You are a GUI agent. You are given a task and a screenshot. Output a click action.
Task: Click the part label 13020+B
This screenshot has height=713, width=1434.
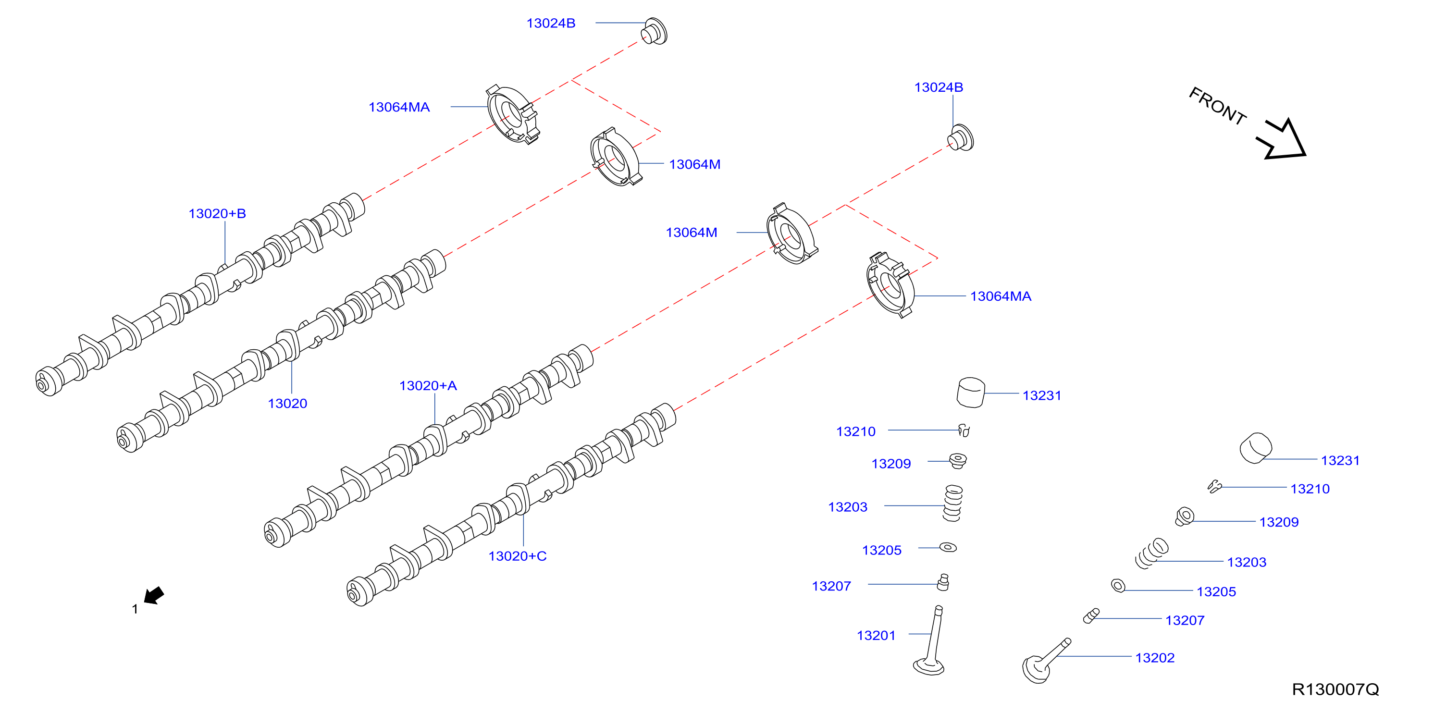pos(217,214)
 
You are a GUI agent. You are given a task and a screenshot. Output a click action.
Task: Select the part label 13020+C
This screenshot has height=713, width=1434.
pos(517,556)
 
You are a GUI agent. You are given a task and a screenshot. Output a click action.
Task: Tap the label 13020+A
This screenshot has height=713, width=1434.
pos(428,386)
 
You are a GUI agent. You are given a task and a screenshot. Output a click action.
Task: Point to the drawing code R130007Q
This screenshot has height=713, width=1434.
pos(1335,689)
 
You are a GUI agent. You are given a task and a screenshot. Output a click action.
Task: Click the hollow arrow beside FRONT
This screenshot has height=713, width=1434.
pos(1282,140)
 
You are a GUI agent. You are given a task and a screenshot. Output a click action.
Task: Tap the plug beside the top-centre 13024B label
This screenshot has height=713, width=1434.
pos(654,31)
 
